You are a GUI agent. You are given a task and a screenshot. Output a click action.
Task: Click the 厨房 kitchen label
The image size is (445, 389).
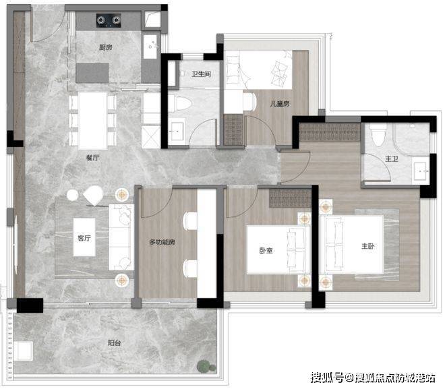pos(105,47)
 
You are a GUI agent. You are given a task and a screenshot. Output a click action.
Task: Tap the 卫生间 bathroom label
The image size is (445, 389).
pos(201,74)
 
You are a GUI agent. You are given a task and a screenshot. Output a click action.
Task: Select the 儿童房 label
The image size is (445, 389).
pos(280,104)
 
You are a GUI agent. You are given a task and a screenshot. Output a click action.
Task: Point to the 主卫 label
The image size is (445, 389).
pos(392,159)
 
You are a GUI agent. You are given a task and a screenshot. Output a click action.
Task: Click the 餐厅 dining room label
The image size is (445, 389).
pos(92,158)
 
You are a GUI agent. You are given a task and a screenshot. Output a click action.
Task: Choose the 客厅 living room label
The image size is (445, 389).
pos(84,238)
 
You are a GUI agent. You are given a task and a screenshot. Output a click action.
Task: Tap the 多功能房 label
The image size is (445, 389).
pos(162,242)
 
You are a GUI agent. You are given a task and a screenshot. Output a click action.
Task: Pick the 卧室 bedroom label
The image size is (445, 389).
pos(266,251)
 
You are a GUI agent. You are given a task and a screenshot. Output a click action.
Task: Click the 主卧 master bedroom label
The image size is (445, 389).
pos(368,246)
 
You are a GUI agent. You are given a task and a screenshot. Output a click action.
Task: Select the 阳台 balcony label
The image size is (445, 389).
pos(115,343)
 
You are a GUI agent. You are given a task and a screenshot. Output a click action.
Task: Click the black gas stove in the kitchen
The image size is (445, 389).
pos(109,20)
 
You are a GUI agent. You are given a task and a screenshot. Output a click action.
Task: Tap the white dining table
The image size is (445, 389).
pos(93,121)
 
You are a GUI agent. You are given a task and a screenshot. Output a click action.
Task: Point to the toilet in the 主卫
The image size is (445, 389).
pos(378,135)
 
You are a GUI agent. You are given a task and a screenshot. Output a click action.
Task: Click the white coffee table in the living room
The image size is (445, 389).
pos(84,237)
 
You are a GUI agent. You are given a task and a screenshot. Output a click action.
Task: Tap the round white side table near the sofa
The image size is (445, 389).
pos(72,196)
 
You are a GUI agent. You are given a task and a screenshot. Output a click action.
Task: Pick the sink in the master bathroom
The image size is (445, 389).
pos(421,171)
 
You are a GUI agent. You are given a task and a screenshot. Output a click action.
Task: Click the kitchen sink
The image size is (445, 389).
pos(150,47)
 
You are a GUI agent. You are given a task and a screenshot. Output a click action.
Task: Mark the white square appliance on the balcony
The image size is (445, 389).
pos(24,351)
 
